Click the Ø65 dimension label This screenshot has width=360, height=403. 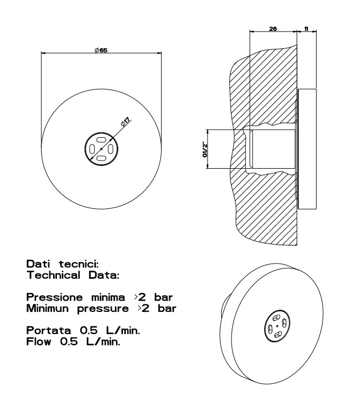click(101, 50)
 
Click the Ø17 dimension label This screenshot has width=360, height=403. click(126, 121)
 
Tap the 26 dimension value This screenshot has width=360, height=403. click(273, 29)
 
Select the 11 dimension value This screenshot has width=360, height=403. click(306, 29)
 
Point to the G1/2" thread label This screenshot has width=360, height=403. click(205, 149)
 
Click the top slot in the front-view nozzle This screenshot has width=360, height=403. click(101, 139)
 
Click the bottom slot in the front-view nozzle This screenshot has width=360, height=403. click(101, 158)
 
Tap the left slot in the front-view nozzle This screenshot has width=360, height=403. click(92, 149)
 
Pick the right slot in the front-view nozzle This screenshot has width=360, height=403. click(111, 149)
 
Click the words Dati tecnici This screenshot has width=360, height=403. click(62, 264)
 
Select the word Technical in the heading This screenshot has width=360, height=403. click(54, 275)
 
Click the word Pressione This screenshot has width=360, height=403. click(54, 297)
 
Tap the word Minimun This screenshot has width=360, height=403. click(48, 308)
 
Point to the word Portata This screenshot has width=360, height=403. click(49, 330)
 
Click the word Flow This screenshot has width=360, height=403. click(38, 342)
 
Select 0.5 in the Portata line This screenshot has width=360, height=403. click(89, 330)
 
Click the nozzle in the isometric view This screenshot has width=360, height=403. click(277, 326)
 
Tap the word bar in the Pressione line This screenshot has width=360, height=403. click(163, 297)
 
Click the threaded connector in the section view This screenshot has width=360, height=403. click(273, 149)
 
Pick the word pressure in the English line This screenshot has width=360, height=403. click(103, 309)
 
